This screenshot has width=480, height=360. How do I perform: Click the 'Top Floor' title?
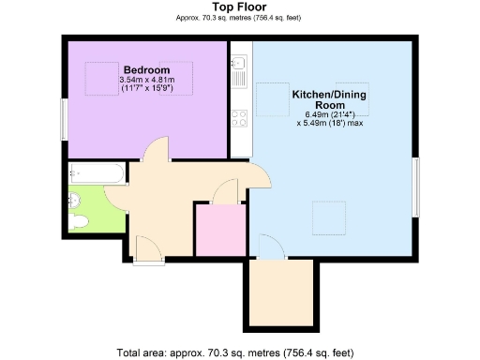(x=239, y=7)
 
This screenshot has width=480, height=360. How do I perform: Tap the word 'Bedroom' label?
(x=146, y=70)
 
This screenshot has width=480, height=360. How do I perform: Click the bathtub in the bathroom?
(x=97, y=173)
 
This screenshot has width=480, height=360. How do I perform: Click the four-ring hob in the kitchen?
(x=239, y=118)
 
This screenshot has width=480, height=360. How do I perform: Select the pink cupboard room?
(x=219, y=226)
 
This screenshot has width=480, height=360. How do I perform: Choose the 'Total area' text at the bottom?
(x=235, y=352)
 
